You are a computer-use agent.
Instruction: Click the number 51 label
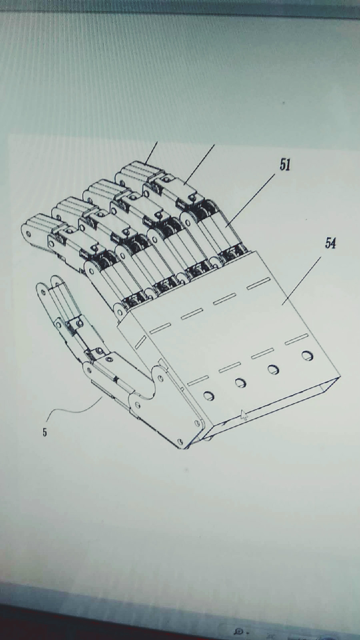click(x=285, y=165)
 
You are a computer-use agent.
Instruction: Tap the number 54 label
click(x=330, y=244)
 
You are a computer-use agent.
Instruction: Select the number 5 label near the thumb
click(x=44, y=432)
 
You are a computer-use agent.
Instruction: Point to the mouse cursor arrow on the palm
click(x=244, y=414)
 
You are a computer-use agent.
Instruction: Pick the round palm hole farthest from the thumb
click(x=307, y=356)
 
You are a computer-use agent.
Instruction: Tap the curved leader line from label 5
click(x=74, y=410)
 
